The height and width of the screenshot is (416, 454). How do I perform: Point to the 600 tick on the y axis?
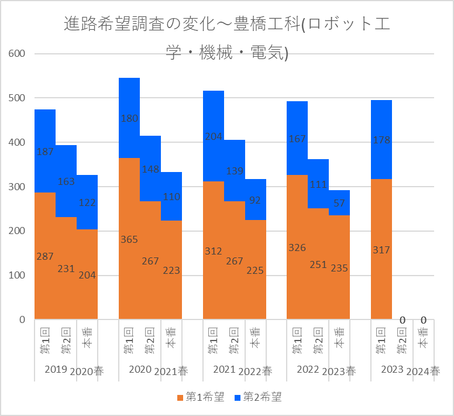(17, 54)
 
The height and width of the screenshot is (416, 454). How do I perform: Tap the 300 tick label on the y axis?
(17, 187)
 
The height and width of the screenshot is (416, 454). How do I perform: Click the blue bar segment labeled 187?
(45, 151)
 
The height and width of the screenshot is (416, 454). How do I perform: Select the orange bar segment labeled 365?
(129, 238)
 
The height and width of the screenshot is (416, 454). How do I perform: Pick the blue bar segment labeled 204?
(214, 136)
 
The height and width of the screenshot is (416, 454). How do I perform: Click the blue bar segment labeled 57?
(339, 202)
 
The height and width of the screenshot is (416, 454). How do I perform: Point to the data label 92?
(256, 200)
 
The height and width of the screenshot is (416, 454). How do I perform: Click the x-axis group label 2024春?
(424, 371)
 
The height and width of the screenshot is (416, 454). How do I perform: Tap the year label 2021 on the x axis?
(224, 370)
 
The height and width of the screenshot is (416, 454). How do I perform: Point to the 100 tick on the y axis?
(17, 275)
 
